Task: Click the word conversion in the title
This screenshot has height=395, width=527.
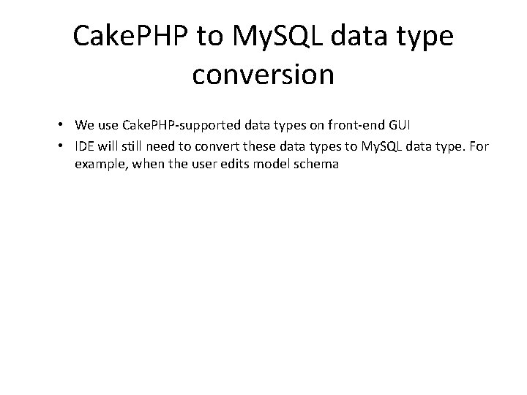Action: point(263,75)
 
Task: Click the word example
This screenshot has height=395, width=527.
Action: point(99,165)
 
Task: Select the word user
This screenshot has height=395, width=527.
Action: point(209,165)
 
